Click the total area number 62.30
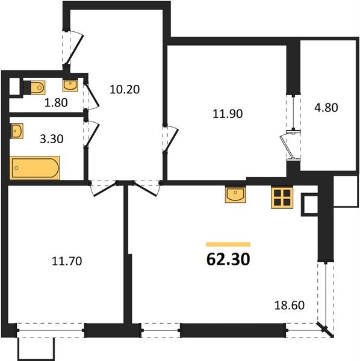[228, 259]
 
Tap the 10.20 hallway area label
[125, 89]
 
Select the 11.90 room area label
[228, 114]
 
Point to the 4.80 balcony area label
[326, 108]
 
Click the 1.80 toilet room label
[56, 102]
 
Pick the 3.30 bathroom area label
[52, 139]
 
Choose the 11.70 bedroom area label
[67, 261]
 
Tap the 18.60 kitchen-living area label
[290, 305]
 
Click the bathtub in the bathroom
[35, 168]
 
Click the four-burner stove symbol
[282, 198]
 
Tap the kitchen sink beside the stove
[235, 194]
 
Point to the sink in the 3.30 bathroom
[17, 131]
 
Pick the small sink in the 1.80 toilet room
[70, 85]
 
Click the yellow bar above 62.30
[228, 244]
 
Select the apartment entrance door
[75, 48]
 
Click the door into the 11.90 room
[170, 139]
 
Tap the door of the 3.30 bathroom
[92, 134]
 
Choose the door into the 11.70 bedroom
[105, 189]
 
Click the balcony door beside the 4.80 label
[290, 145]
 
